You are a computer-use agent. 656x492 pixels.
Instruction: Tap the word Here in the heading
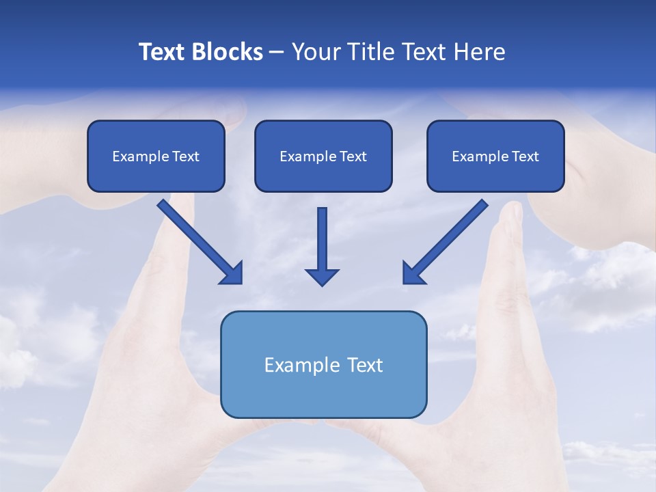point(478,52)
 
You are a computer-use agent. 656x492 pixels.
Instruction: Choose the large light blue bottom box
point(323,393)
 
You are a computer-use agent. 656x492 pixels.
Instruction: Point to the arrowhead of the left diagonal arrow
point(232,273)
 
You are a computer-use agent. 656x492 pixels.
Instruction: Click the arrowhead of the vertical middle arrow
point(322,277)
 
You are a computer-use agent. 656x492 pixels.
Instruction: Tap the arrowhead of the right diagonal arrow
point(412,273)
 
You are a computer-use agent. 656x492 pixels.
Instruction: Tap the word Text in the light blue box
point(365,365)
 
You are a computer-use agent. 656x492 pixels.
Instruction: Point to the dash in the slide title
point(277,52)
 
